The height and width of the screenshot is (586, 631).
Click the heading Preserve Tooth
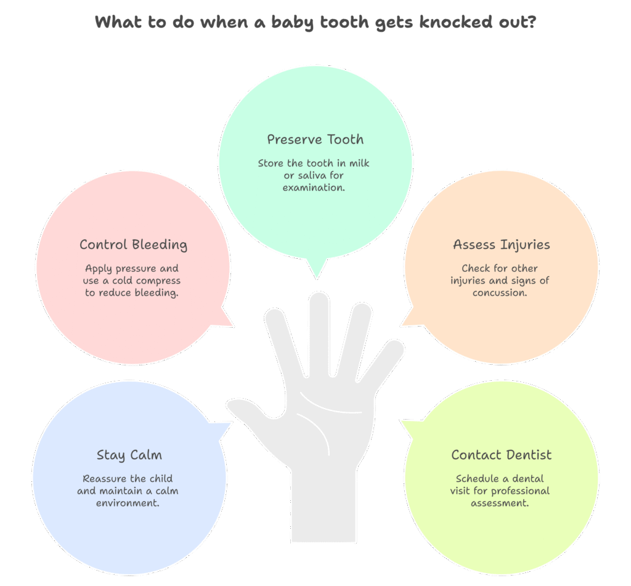315,139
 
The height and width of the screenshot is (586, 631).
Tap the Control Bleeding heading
133,245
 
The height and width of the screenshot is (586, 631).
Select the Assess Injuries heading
501,245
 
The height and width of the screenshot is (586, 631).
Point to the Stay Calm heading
129,455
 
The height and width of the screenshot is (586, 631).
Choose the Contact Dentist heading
501,455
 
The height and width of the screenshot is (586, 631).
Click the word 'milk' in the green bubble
357,163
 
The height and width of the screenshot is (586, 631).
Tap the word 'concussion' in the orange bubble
500,293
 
